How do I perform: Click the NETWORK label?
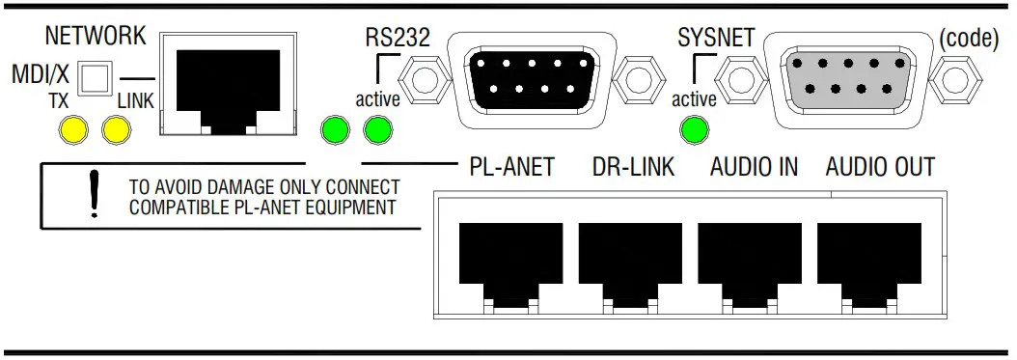pos(96,37)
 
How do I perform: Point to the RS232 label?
pos(398,37)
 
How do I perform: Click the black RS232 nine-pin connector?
pos(532,79)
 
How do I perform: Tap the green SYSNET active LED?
pos(695,129)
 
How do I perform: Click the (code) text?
pos(969,39)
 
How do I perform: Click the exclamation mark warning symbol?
pos(96,193)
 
